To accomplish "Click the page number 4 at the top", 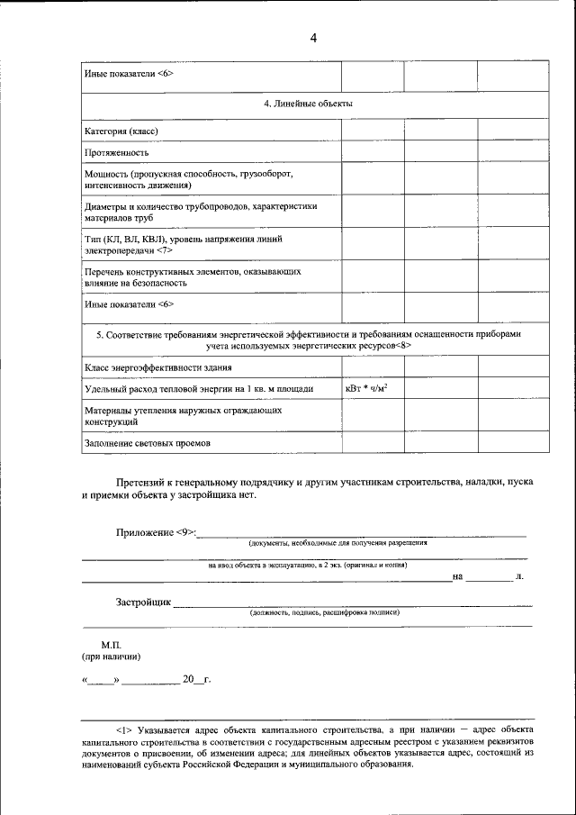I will (313, 37).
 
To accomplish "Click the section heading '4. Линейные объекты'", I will (307, 104).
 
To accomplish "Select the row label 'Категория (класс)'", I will (121, 131).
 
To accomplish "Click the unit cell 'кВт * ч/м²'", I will (373, 389).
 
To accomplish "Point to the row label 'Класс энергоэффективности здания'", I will (158, 367).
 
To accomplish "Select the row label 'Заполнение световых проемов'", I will (148, 443).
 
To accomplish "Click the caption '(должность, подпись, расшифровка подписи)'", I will (325, 611).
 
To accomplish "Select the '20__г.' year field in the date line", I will (195, 680).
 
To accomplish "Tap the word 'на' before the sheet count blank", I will (458, 576).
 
